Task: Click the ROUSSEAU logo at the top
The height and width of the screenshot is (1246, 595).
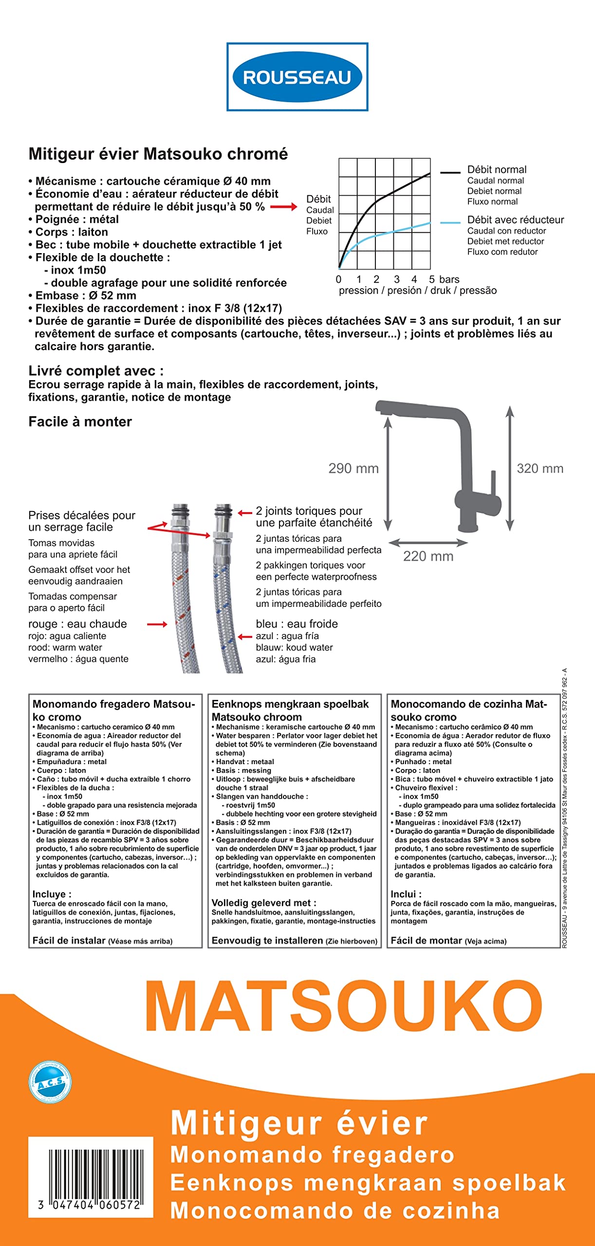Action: [297, 77]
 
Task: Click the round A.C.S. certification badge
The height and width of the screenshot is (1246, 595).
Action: [50, 1082]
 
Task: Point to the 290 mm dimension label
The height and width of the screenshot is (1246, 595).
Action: [353, 469]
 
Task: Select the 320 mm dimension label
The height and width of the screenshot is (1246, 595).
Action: [540, 469]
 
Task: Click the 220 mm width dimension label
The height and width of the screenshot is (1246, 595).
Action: [428, 556]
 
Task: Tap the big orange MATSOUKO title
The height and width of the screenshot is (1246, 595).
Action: [344, 1007]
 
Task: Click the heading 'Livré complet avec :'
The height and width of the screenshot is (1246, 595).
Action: [96, 371]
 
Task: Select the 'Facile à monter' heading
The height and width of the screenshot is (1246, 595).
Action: [80, 421]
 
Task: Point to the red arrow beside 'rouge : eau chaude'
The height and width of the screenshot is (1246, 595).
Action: [157, 624]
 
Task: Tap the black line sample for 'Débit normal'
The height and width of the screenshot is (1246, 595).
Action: [450, 172]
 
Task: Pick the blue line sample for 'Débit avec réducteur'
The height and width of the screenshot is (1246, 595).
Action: [450, 222]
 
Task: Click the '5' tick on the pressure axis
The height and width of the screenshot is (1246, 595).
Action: [432, 279]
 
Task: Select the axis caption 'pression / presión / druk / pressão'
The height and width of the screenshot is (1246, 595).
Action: [418, 291]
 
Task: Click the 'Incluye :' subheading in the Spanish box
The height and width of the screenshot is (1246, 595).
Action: [52, 894]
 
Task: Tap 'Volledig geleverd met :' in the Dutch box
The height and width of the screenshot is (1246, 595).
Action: [264, 903]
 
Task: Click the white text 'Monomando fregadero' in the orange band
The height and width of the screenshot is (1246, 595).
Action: [312, 1155]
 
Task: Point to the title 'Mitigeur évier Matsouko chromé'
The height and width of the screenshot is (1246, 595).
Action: [158, 154]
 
